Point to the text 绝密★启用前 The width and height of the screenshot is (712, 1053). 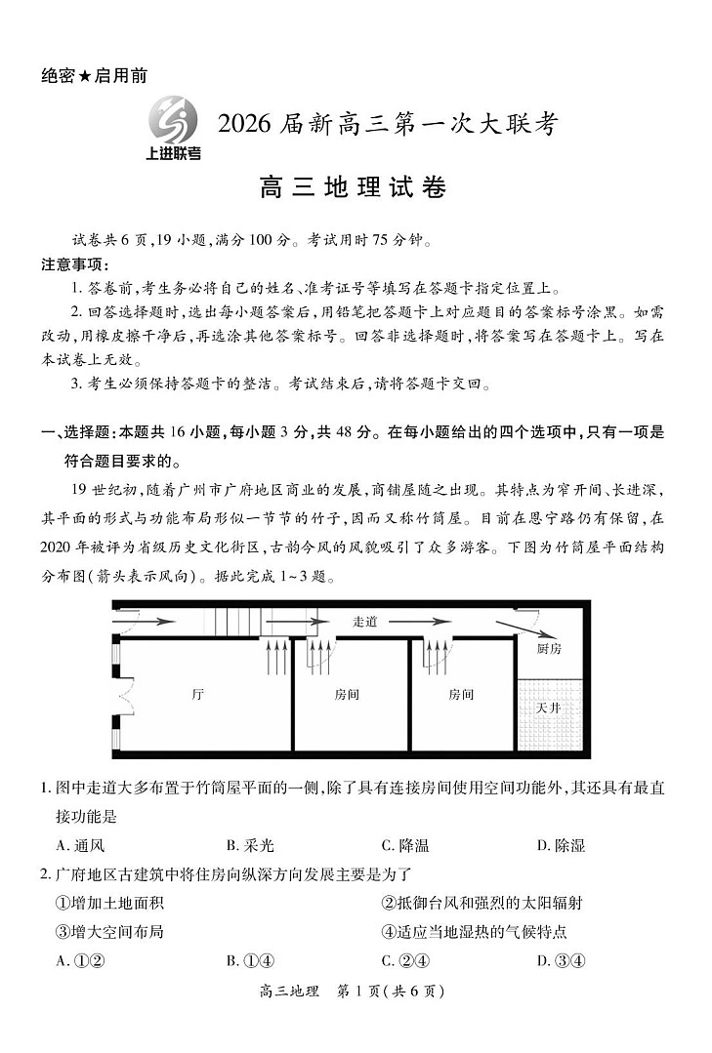coord(95,75)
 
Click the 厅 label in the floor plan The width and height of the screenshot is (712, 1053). coord(198,694)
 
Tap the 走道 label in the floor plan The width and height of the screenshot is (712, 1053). coord(364,621)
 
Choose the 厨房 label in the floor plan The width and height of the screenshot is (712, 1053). coord(549,648)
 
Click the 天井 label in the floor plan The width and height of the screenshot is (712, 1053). coord(548,708)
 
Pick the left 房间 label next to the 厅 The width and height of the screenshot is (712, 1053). coord(347,694)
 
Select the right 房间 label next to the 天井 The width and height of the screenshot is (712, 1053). coord(461,694)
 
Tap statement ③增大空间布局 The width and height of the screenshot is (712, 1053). coord(109,931)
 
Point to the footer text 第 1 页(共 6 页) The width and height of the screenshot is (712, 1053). coord(390,992)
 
